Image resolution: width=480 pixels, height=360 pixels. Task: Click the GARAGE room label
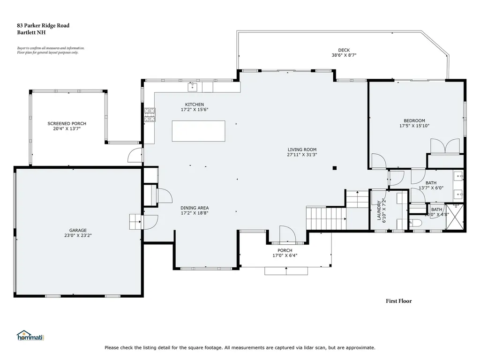pyautogui.click(x=78, y=230)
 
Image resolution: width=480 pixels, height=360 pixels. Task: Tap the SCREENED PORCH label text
pyautogui.click(x=67, y=124)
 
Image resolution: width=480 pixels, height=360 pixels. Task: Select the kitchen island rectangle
pyautogui.click(x=198, y=131)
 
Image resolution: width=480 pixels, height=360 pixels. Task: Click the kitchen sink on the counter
pyautogui.click(x=192, y=87)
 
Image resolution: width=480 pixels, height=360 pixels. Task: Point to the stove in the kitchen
pyautogui.click(x=150, y=115)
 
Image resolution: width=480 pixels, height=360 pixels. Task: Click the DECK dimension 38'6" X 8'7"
pyautogui.click(x=344, y=55)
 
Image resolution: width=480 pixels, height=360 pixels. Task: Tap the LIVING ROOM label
pyautogui.click(x=302, y=150)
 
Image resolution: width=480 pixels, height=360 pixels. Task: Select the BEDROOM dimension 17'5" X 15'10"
pyautogui.click(x=414, y=126)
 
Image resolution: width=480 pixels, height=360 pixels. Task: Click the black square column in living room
pyautogui.click(x=334, y=168)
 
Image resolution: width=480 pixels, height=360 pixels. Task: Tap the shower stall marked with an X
pyautogui.click(x=455, y=217)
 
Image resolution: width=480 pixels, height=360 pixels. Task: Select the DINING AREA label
pyautogui.click(x=195, y=208)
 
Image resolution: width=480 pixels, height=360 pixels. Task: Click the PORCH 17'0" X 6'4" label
pyautogui.click(x=285, y=253)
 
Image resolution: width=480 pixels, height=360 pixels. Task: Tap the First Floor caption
pyautogui.click(x=398, y=301)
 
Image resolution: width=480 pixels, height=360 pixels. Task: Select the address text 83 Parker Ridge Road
pyautogui.click(x=43, y=26)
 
